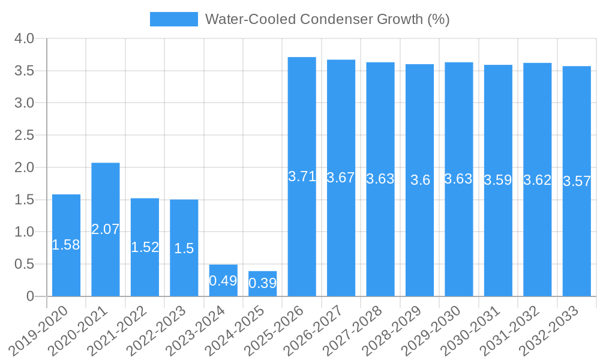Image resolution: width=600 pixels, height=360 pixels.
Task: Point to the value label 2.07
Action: (106, 229)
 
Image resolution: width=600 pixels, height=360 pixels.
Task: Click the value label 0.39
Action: (262, 283)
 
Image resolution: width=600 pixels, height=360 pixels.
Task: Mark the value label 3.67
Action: (341, 178)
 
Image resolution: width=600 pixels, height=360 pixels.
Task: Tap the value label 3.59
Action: (498, 180)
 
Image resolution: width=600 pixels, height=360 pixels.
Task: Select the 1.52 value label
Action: (145, 247)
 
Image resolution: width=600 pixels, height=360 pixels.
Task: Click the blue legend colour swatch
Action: (173, 19)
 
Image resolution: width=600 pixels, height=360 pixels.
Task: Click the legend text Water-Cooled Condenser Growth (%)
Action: (327, 19)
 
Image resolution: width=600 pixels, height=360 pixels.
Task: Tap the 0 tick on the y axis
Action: (31, 296)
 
